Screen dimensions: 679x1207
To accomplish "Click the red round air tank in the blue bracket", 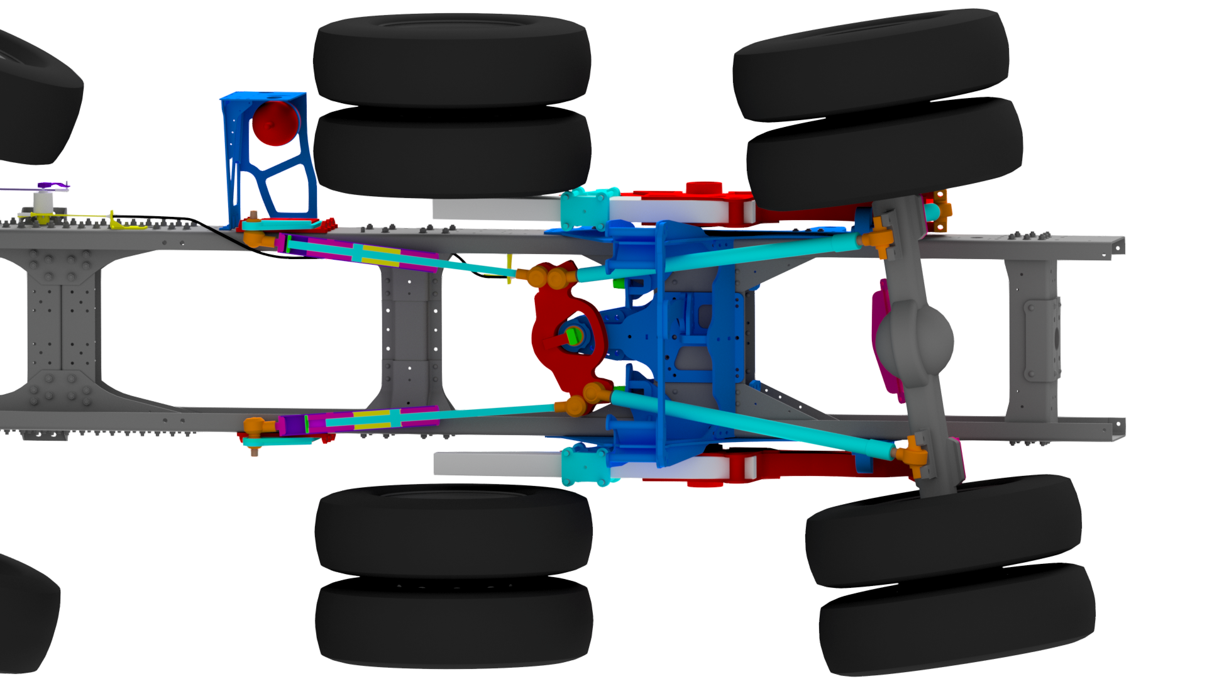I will (275, 123).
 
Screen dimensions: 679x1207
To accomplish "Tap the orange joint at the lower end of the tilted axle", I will (912, 453).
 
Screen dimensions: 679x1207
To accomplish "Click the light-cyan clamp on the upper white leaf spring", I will (585, 207).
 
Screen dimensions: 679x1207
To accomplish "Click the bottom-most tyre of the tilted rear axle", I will (956, 619).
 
